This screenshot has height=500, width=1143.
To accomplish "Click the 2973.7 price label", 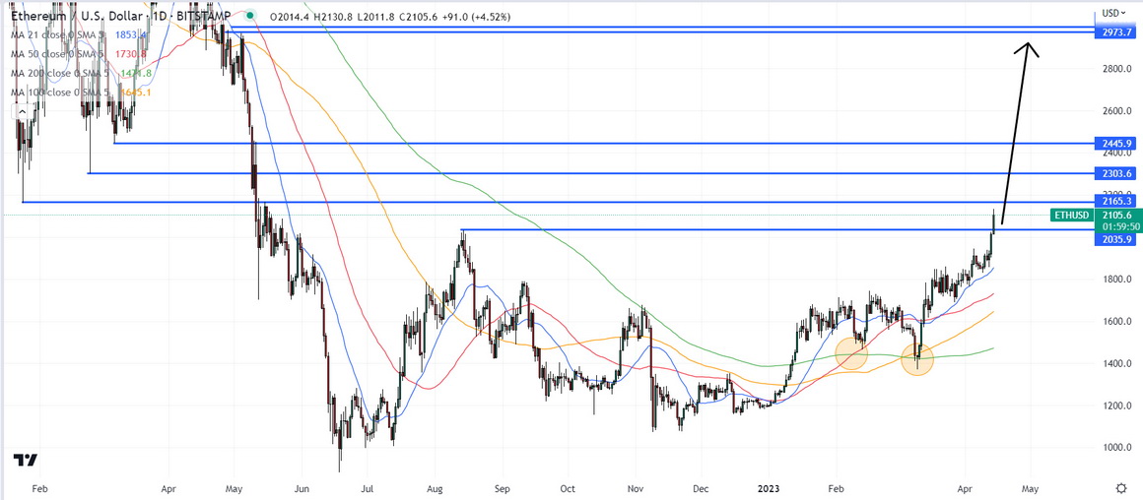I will pos(1115,32).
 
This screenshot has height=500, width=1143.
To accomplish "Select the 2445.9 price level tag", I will pos(1115,144).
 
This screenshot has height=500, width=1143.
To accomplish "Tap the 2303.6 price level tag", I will pos(1115,173).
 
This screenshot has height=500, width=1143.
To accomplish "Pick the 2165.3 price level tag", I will pos(1115,202).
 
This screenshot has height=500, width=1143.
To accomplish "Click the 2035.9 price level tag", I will pos(1115,239).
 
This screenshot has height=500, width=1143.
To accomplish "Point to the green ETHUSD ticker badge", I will pos(1072,215).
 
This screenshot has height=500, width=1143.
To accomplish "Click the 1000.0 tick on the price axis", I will pos(1115,448).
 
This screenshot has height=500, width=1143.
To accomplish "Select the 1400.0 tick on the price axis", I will pos(1115,364).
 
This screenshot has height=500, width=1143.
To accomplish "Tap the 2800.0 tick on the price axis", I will pos(1115,69).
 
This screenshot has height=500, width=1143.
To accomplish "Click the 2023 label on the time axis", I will pos(772,487).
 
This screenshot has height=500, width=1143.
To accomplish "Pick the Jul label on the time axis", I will pos(367,487).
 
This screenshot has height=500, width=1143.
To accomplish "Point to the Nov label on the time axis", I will pos(635,487).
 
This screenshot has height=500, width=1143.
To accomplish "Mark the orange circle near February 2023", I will pos(851,353).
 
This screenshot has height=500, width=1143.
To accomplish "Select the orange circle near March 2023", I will pos(917,359).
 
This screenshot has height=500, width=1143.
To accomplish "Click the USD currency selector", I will pos(1113,13).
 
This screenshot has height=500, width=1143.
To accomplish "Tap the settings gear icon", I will pos(1121,487).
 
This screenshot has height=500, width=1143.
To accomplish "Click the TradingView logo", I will pos(26,460).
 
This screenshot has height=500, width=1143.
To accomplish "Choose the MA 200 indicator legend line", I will pos(79,73).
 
